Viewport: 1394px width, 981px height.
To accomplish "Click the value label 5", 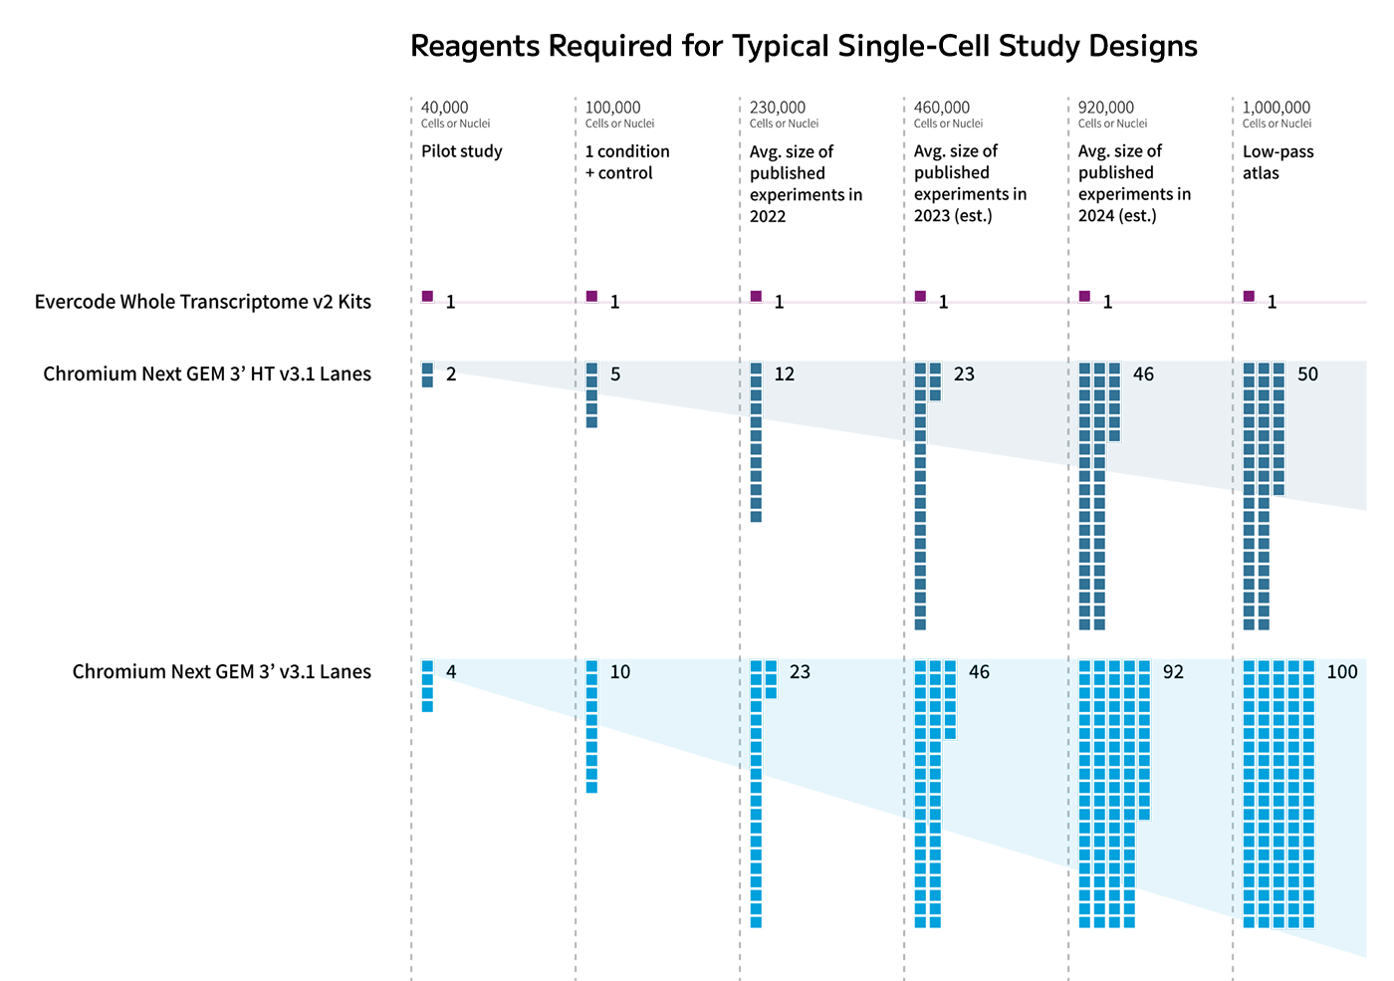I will (x=615, y=374).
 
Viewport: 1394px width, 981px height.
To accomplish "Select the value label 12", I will (x=785, y=374).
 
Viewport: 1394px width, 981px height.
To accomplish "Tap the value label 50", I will (x=1307, y=374).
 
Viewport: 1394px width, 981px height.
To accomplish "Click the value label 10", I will (x=619, y=672).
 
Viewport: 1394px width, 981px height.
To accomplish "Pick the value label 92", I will (x=1173, y=672).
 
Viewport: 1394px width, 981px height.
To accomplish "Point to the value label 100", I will (x=1341, y=672).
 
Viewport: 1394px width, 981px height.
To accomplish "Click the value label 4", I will (x=451, y=672).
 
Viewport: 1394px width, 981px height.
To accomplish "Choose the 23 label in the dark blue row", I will (x=964, y=374).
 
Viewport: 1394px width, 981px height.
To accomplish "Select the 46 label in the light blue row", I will (x=979, y=672).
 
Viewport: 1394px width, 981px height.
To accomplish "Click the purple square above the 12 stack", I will (x=756, y=296).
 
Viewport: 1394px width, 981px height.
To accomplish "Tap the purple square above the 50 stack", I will (x=1249, y=296).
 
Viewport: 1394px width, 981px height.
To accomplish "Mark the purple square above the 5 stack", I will (x=591, y=296).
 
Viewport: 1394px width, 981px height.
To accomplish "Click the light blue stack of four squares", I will (x=427, y=686).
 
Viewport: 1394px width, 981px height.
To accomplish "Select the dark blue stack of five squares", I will (x=591, y=395).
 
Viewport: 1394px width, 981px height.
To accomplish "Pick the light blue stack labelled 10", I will (x=591, y=726).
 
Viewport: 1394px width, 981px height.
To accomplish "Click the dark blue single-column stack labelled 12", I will (x=756, y=442).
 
